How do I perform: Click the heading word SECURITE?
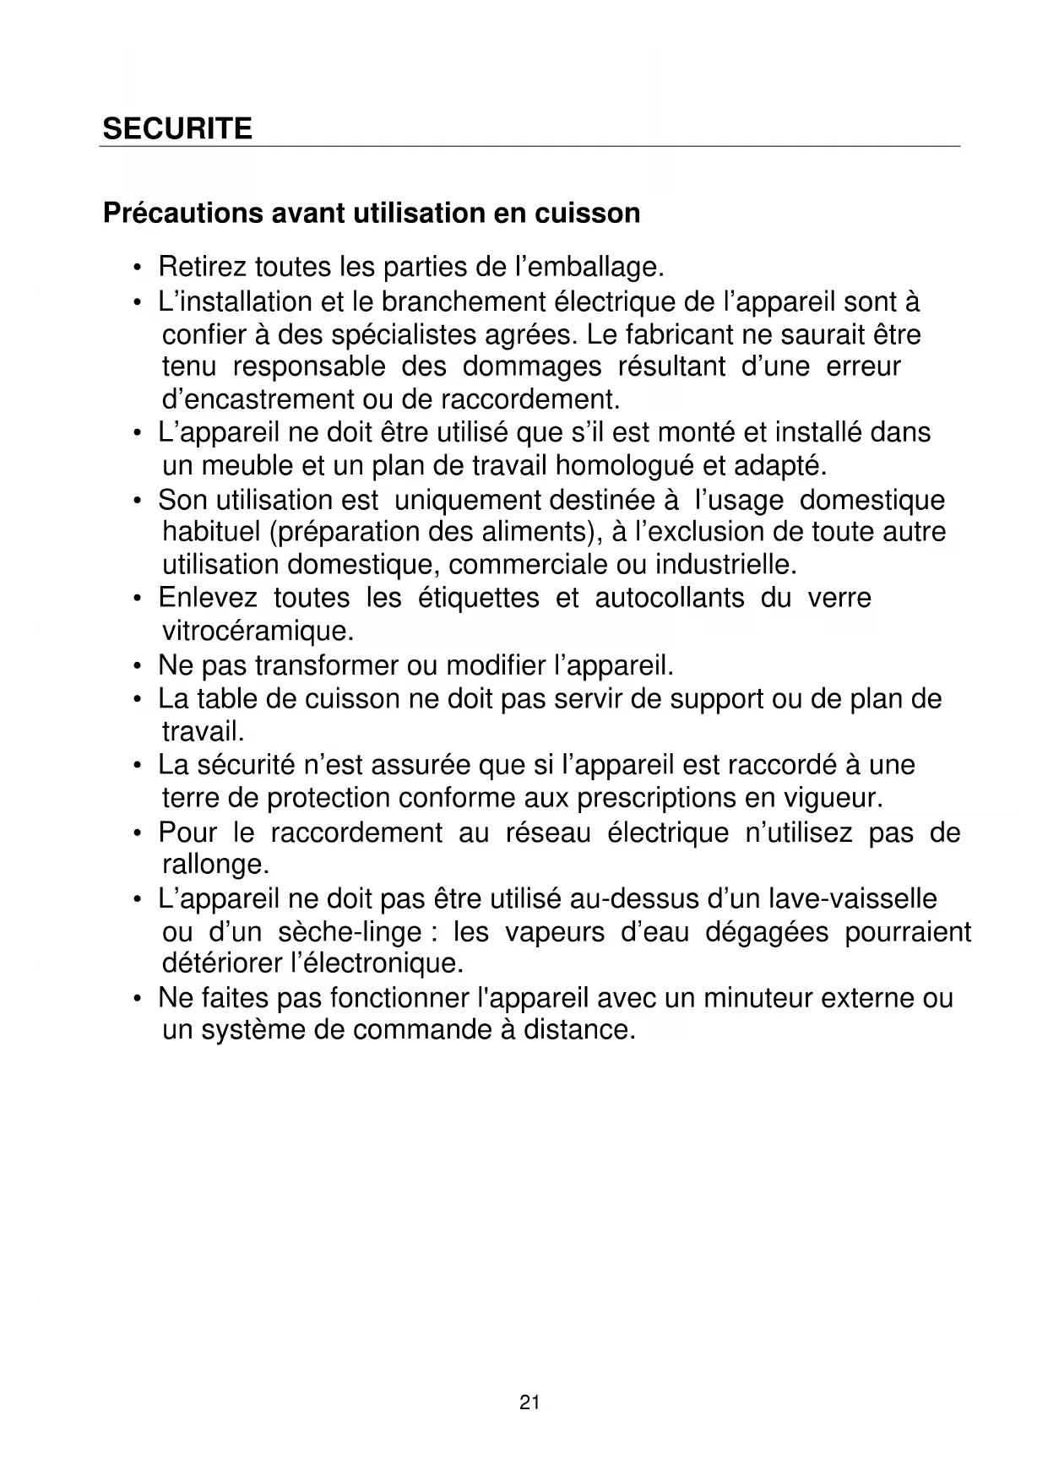pos(177,129)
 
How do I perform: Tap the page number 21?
pos(529,1403)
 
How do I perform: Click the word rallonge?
pos(215,865)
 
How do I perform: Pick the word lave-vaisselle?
pos(853,898)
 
